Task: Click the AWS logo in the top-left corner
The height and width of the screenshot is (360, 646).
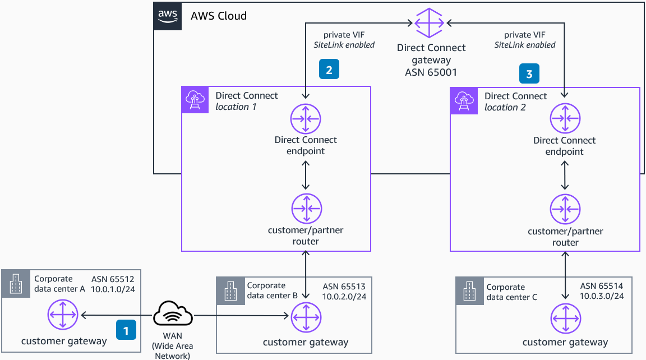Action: [x=168, y=16]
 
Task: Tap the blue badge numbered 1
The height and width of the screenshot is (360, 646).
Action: [x=126, y=330]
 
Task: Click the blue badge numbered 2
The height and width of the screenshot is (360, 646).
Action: [x=329, y=70]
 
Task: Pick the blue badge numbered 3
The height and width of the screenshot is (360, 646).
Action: [x=529, y=73]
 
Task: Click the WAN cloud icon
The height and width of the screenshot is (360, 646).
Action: [x=174, y=315]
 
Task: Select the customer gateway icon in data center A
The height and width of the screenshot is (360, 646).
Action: [x=63, y=315]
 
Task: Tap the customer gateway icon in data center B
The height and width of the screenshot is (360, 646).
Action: [x=306, y=318]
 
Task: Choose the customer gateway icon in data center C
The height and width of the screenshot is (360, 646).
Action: [x=565, y=318]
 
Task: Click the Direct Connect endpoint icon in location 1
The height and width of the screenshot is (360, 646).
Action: [x=306, y=119]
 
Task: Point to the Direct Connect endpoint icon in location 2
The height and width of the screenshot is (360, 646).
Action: [x=565, y=119]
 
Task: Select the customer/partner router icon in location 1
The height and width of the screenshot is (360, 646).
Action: [x=306, y=208]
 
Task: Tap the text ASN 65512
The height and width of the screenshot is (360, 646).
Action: [x=113, y=279]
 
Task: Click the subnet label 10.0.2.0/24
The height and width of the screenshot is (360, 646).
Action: [x=344, y=297]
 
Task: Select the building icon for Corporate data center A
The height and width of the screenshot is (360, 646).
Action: [x=16, y=284]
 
